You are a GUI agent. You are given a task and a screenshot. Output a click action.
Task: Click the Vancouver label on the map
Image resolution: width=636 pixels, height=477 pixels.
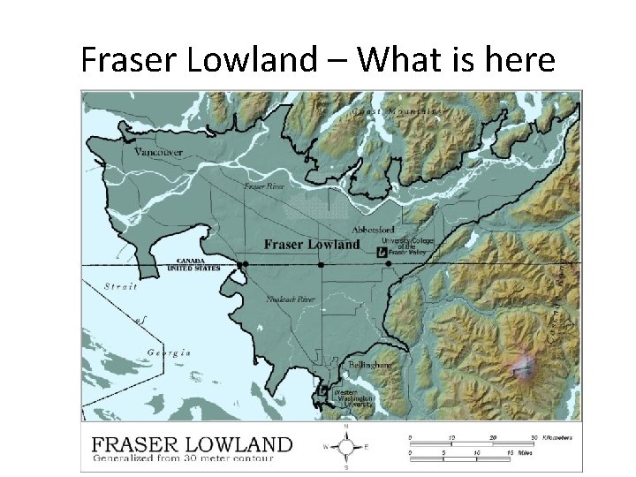[x=158, y=152]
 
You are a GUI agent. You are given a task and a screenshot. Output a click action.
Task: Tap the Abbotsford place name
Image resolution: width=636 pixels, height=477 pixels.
[x=372, y=229]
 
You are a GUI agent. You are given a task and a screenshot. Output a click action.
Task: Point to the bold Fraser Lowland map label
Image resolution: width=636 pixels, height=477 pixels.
[x=312, y=244]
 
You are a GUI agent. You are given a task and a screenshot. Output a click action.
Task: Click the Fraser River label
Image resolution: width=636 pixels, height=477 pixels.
[x=264, y=187]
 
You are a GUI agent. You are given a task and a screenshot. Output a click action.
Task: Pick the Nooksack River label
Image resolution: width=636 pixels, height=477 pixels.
[x=291, y=299]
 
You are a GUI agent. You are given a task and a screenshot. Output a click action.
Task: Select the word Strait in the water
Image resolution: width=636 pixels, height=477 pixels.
[x=120, y=286]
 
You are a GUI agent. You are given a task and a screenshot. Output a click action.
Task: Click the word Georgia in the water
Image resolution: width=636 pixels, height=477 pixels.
[x=169, y=352]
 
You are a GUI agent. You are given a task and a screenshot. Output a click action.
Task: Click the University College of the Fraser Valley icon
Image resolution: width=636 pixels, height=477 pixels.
[x=382, y=252]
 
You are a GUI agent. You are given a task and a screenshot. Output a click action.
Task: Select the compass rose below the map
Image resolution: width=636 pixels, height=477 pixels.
[x=345, y=446]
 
